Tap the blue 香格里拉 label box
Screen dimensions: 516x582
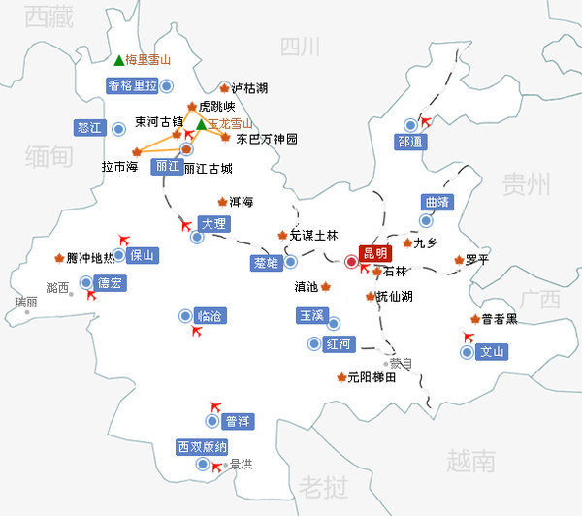(132, 85)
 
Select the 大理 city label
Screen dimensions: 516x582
(212, 223)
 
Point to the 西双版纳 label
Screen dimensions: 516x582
(202, 447)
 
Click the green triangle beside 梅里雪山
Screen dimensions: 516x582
(118, 60)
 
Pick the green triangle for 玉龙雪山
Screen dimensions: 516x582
(201, 124)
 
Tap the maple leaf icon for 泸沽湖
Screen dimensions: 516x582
(224, 87)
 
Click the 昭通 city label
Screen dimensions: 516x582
(410, 141)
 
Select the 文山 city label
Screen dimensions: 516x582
(493, 351)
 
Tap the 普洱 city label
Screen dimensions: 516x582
(238, 421)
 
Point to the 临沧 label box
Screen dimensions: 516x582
(210, 316)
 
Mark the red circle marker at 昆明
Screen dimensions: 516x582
(351, 260)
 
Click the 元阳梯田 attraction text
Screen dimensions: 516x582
(372, 378)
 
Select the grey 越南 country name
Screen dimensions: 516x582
(470, 458)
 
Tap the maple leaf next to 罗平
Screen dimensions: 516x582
(459, 260)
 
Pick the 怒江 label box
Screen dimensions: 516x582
(88, 127)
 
